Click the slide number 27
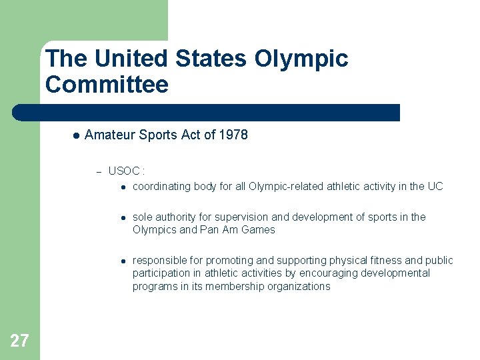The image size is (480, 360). (x=19, y=341)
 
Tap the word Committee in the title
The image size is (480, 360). (x=107, y=85)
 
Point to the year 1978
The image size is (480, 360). (x=233, y=135)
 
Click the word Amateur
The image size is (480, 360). (x=111, y=135)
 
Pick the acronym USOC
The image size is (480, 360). (x=123, y=171)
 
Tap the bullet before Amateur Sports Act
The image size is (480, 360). (x=76, y=135)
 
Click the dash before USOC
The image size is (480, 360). (x=98, y=172)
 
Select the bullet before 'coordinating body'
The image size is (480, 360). (x=123, y=187)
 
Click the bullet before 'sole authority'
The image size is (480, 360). (x=123, y=217)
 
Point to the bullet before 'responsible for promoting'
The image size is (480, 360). (x=123, y=261)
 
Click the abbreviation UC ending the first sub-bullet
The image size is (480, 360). (x=435, y=187)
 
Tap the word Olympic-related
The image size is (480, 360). (x=286, y=187)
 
